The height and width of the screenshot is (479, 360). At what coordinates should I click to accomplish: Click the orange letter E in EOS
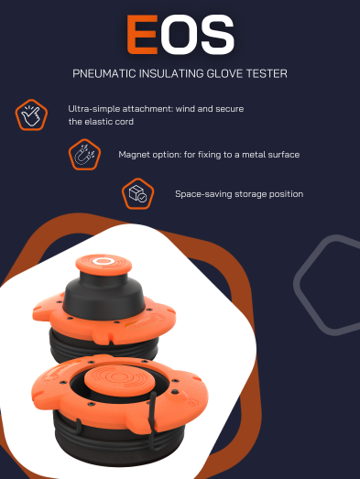[142, 35]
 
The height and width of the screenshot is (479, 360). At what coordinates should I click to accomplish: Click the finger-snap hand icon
[31, 115]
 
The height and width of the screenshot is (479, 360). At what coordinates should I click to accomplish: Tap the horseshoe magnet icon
[84, 155]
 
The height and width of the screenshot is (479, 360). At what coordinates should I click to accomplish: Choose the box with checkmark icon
[137, 193]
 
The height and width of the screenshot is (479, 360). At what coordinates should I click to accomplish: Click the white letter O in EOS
[179, 35]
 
